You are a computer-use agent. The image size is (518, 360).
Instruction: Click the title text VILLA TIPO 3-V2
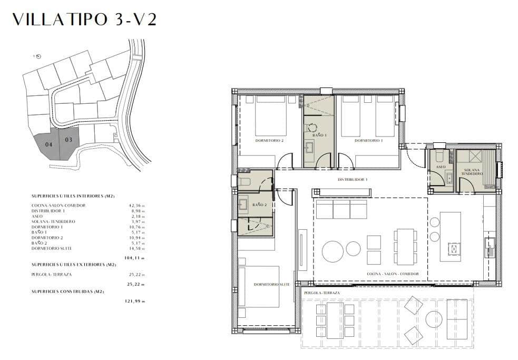[x=84, y=20]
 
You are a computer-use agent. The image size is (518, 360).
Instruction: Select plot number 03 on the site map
[x=69, y=140]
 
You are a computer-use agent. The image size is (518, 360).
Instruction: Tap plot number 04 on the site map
[x=48, y=144]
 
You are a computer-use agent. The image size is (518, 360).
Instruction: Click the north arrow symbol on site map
[x=38, y=56]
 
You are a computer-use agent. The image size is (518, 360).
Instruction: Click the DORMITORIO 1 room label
[x=368, y=141]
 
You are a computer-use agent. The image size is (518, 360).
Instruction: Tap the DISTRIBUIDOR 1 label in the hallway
[x=353, y=180]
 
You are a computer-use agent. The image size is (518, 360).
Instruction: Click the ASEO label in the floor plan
[x=441, y=167]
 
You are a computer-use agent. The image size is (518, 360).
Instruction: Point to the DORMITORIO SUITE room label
[x=272, y=285]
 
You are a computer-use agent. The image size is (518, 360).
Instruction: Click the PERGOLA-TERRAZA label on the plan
[x=321, y=293]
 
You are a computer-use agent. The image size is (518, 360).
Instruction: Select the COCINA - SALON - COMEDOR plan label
[x=393, y=274]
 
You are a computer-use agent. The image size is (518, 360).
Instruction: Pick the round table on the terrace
[x=434, y=319]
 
